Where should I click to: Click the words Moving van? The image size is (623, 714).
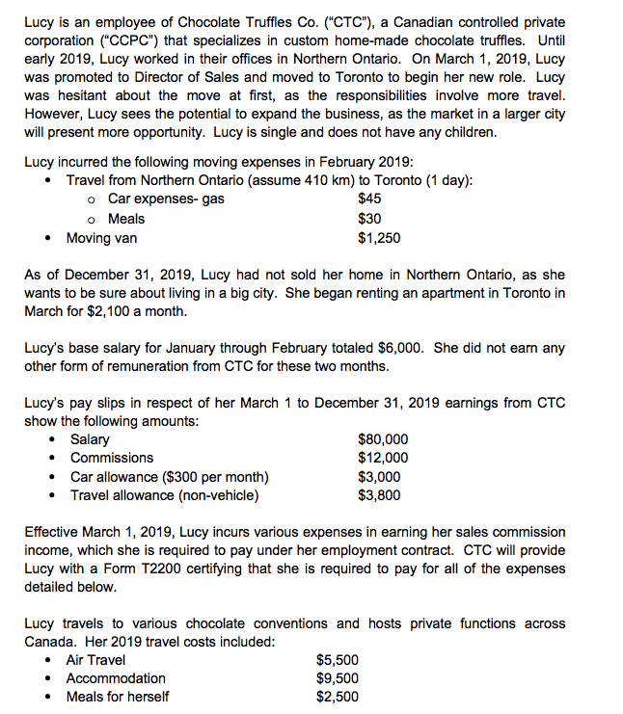tap(101, 238)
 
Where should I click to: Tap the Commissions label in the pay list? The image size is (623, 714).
tap(112, 458)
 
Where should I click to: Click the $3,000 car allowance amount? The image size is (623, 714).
tap(378, 477)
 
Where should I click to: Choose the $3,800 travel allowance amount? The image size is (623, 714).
tap(378, 495)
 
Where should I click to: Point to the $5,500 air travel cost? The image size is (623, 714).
tap(338, 660)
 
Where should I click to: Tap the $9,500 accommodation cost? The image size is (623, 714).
tap(338, 678)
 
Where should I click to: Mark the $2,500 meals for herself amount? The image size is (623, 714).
tap(338, 697)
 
